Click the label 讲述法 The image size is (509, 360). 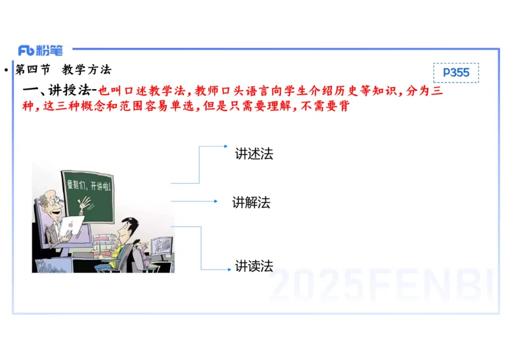254,154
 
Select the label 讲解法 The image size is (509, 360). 251,203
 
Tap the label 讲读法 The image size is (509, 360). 254,267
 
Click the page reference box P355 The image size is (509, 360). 456,73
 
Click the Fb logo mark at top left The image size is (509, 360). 26,51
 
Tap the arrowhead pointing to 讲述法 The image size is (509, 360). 225,146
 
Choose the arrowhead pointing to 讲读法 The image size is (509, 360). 228,270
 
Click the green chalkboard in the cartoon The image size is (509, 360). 89,191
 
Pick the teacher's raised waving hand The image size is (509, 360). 82,204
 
